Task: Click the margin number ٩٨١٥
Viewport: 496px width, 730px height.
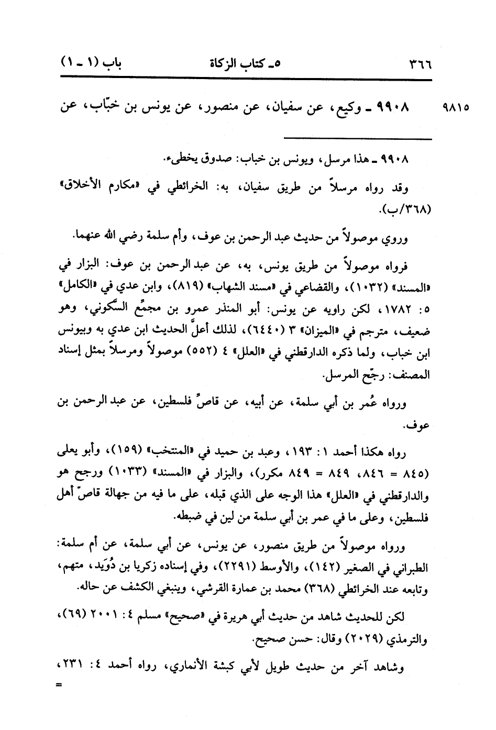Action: pos(456,108)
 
